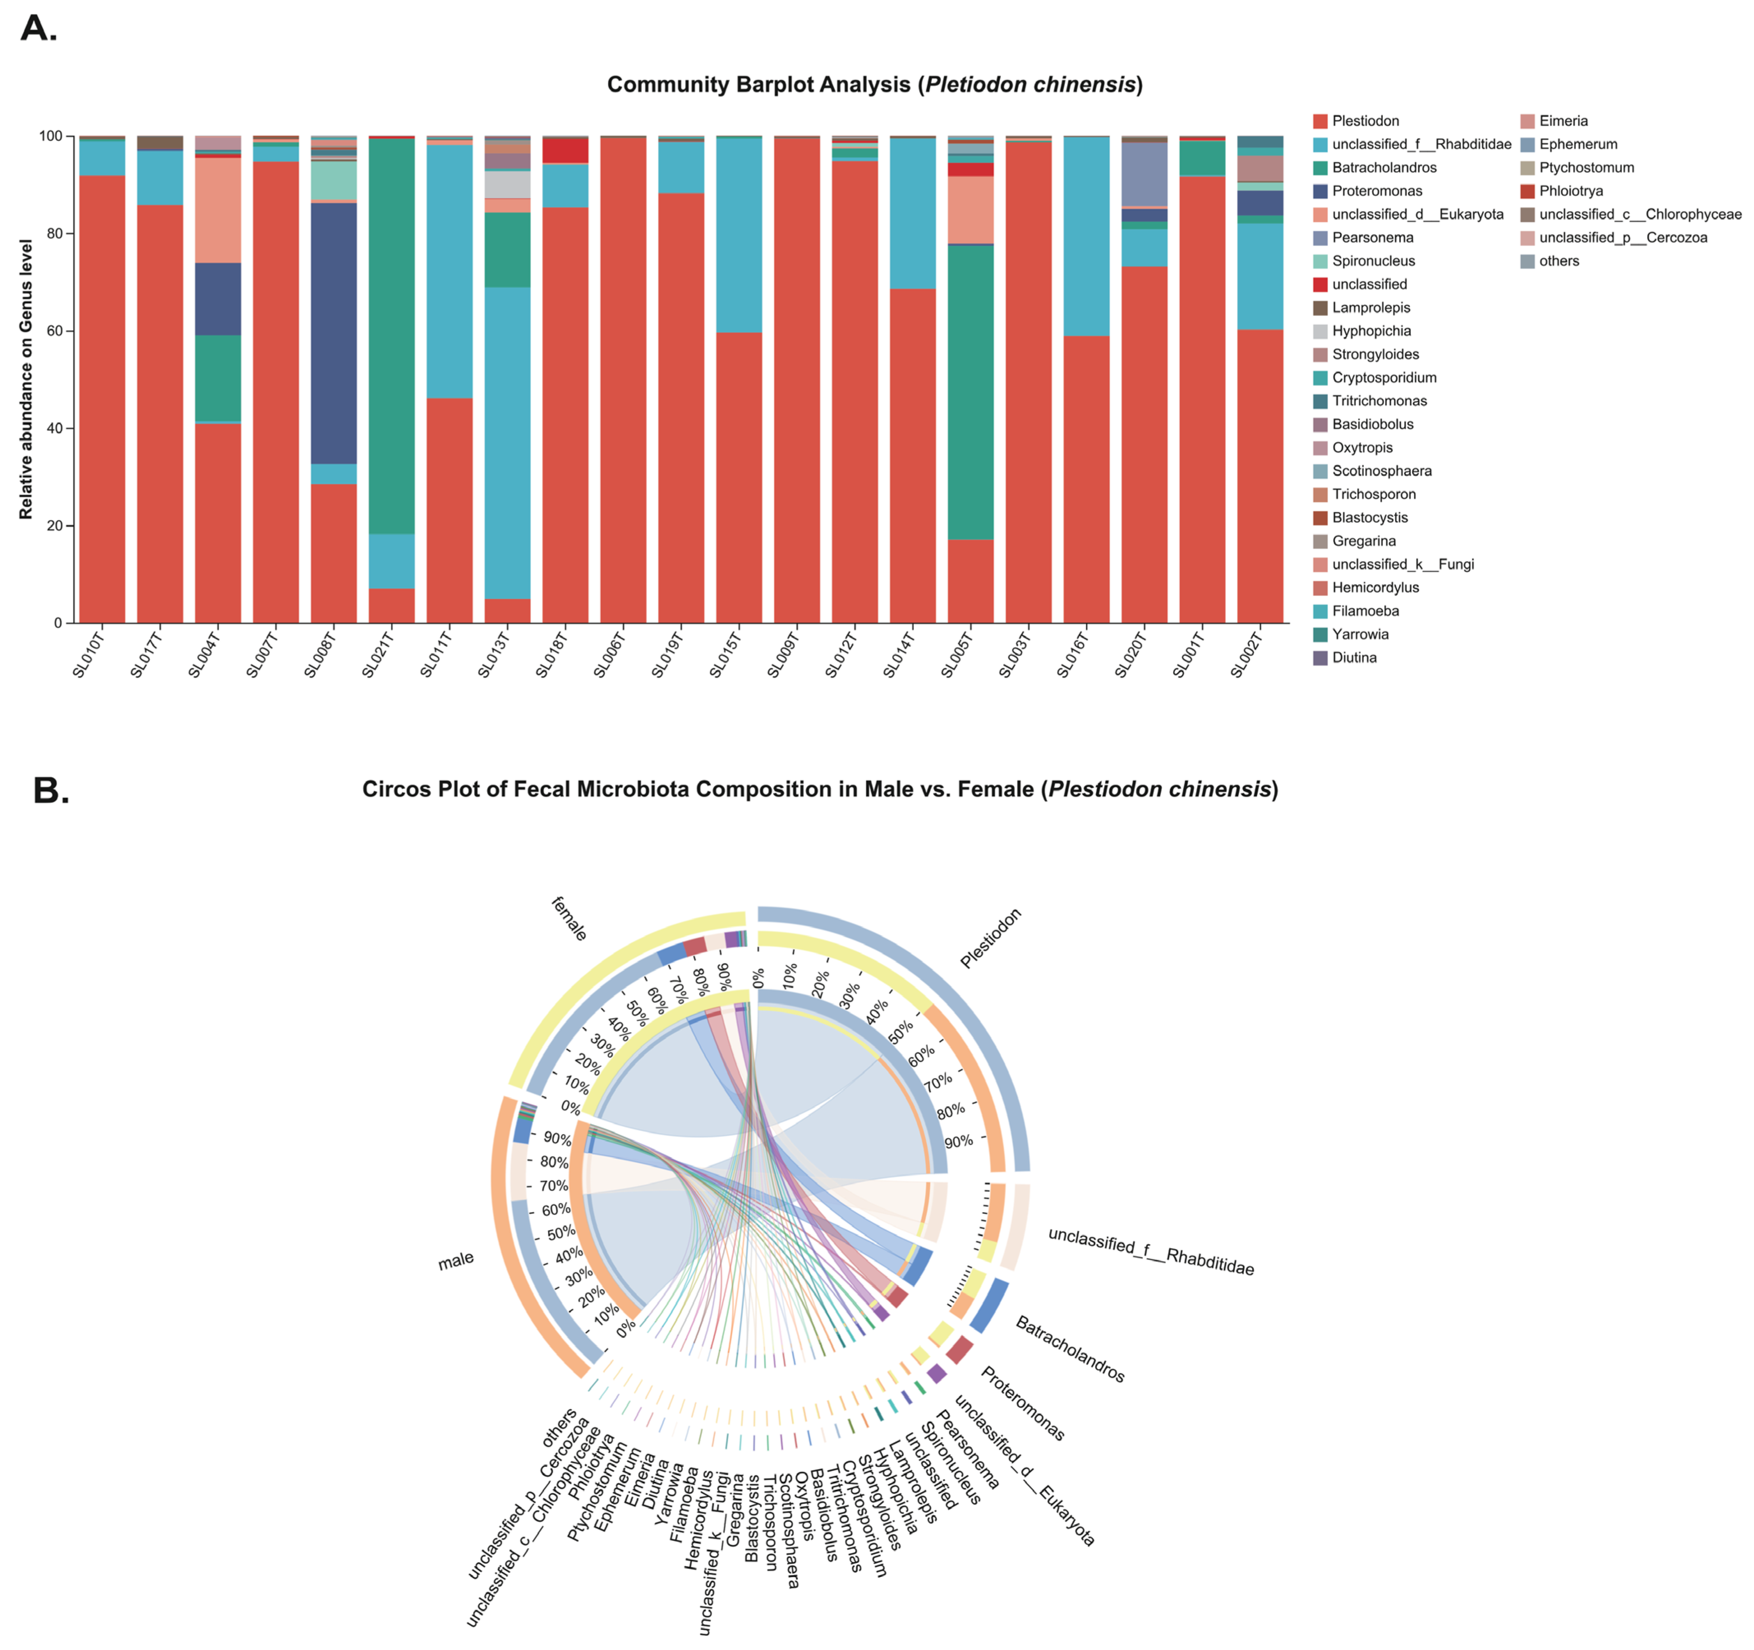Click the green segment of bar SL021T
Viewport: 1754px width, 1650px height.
392,335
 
